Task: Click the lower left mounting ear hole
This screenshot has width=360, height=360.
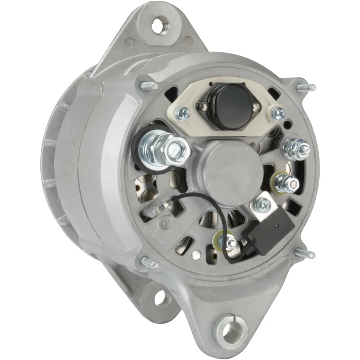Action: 160,298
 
